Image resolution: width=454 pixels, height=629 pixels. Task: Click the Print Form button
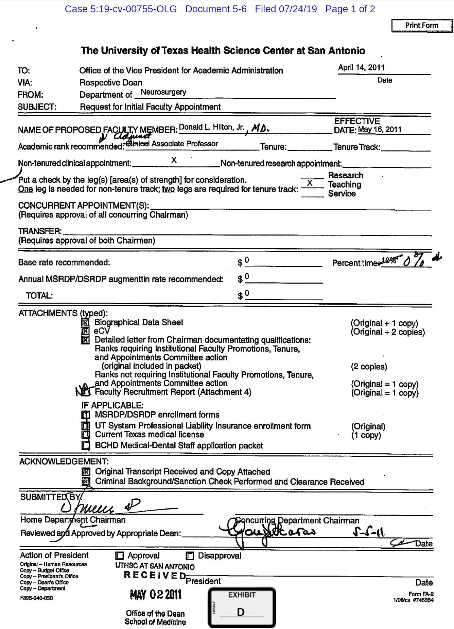(x=422, y=26)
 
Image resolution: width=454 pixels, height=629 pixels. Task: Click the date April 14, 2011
(x=361, y=67)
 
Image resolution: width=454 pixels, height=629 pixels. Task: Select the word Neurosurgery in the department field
(x=163, y=92)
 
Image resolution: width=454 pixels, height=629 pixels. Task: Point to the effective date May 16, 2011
(x=380, y=129)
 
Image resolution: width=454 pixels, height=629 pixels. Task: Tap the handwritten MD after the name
(x=260, y=128)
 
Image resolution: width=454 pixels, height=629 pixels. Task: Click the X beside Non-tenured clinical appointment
(x=174, y=160)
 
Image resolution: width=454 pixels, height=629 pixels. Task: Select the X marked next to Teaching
(x=310, y=183)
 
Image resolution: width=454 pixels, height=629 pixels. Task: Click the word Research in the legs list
(x=346, y=175)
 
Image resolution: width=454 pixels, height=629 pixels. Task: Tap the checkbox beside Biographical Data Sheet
(x=86, y=322)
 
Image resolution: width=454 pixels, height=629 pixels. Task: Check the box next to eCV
(x=86, y=331)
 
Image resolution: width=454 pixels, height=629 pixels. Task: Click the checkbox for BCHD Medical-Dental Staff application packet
(x=86, y=446)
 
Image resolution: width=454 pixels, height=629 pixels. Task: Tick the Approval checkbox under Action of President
(x=119, y=556)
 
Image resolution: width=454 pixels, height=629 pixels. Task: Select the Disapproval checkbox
(x=190, y=556)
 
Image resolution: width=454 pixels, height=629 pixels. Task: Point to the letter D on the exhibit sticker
(x=241, y=612)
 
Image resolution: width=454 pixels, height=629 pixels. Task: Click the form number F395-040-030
(x=36, y=598)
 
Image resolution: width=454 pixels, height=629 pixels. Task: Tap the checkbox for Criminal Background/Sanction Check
(x=86, y=482)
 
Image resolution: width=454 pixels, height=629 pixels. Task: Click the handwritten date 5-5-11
(x=369, y=532)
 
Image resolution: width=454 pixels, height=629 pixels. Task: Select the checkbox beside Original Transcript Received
(x=86, y=472)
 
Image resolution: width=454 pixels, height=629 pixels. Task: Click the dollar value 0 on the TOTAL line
(x=247, y=293)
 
